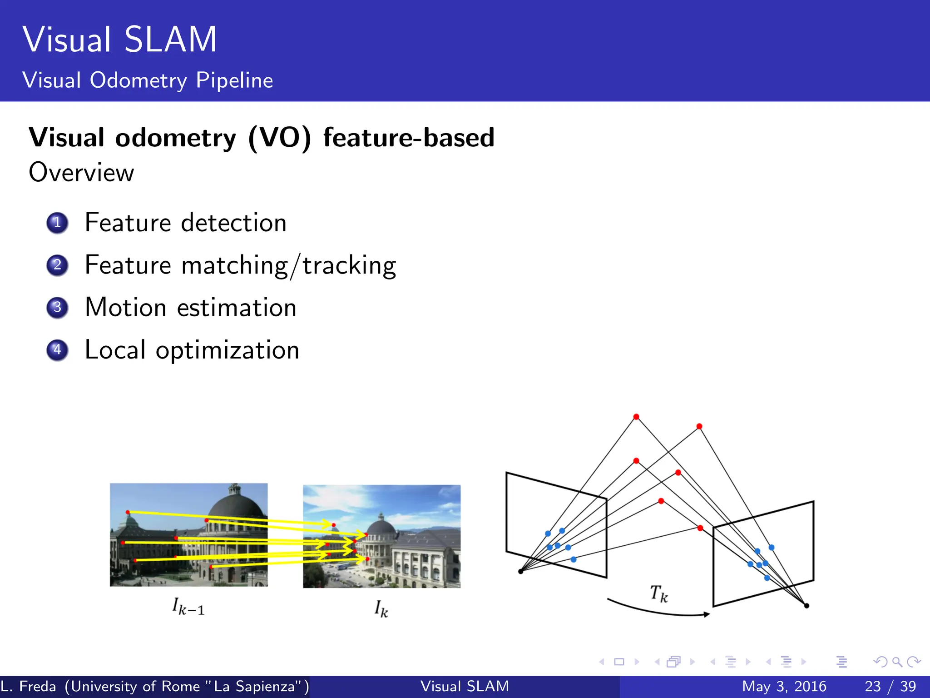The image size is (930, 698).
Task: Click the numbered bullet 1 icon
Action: point(57,223)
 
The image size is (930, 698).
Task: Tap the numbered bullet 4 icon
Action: point(57,350)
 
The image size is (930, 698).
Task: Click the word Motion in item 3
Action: point(126,308)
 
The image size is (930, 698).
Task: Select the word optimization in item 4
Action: point(227,351)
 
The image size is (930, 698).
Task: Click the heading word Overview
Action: point(81,173)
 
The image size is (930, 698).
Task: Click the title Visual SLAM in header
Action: point(120,40)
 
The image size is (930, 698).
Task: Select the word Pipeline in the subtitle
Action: point(234,80)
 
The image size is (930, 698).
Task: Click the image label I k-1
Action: point(188,607)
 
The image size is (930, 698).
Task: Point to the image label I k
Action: point(381,608)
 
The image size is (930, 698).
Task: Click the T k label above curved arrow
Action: point(659,593)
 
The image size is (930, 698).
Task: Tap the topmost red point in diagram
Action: point(636,417)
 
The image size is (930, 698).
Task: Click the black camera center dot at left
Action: point(521,571)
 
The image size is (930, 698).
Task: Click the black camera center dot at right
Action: point(806,605)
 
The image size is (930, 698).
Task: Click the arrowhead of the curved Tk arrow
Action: point(707,614)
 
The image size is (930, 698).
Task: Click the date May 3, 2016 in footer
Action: point(784,686)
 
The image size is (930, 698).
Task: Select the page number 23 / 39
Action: point(890,686)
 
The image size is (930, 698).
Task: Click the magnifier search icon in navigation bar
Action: point(897,662)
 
